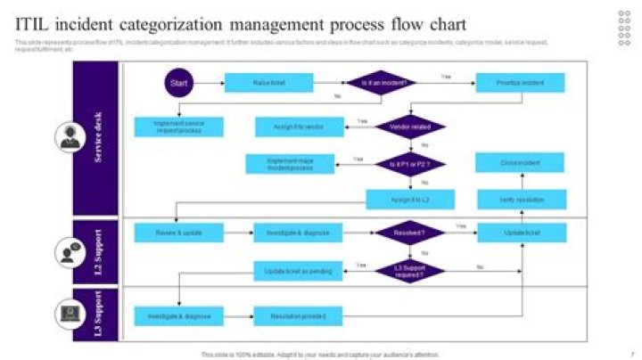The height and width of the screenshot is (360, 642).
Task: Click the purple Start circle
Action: (x=178, y=83)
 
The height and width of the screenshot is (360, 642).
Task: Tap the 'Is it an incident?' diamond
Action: (x=384, y=83)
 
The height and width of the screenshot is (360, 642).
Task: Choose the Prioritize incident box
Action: (x=521, y=83)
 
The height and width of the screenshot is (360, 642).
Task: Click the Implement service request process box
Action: (x=179, y=127)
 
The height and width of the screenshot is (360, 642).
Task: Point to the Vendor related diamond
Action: (x=409, y=127)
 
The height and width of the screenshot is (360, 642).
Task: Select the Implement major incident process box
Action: (x=289, y=163)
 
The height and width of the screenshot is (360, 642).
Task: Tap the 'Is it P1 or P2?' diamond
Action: (x=409, y=164)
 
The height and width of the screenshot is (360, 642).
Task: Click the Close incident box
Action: (x=521, y=163)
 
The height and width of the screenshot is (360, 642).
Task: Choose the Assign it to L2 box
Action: (x=409, y=200)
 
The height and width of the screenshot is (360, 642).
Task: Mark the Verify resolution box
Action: (x=521, y=200)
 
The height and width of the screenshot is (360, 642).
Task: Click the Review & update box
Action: (x=179, y=233)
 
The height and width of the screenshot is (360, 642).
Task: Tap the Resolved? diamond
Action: (x=409, y=233)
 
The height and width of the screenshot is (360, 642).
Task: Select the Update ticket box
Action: (x=521, y=233)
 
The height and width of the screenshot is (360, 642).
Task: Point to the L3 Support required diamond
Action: (x=409, y=270)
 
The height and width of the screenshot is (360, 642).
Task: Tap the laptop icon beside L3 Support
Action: (x=69, y=313)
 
